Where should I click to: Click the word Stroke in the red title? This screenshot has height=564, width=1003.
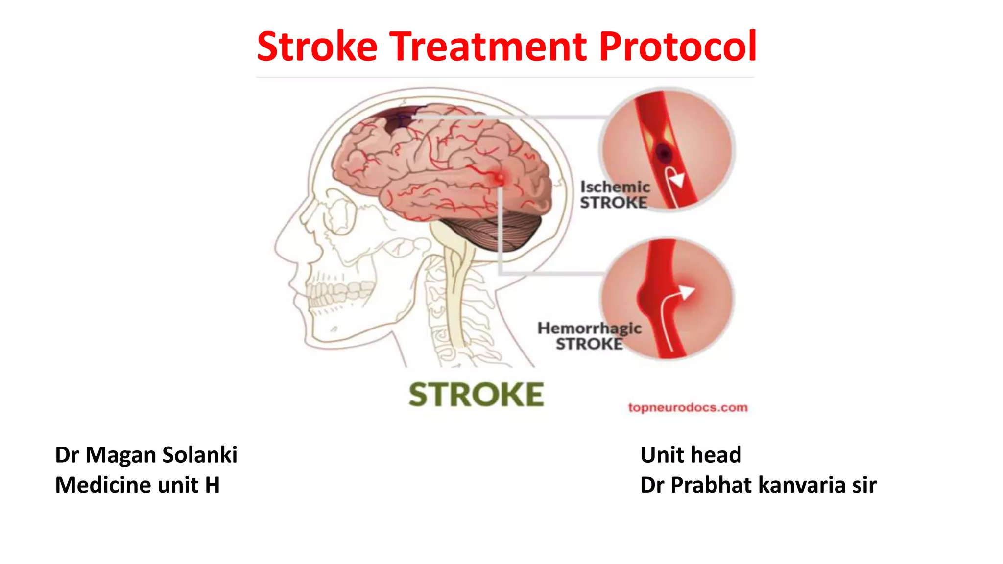coord(317,47)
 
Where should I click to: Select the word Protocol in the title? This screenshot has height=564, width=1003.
coord(678,47)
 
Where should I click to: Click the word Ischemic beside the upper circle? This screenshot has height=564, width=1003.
coord(615,187)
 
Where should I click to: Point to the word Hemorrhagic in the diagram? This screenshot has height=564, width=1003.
coord(589,328)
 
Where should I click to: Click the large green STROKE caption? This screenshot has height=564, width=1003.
coord(476,395)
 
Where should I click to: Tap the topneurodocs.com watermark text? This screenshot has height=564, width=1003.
coord(688,408)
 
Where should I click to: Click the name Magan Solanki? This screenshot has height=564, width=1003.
coord(161,455)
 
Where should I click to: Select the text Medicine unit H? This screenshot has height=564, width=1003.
coord(137,485)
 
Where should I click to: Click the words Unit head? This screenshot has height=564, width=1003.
coord(691,455)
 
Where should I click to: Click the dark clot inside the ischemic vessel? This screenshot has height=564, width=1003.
coord(664,154)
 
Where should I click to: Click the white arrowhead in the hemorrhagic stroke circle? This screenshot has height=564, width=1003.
coord(687,293)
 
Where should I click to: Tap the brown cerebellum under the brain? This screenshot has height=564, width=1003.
coord(495,230)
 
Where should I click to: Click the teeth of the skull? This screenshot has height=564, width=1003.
coord(338,293)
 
